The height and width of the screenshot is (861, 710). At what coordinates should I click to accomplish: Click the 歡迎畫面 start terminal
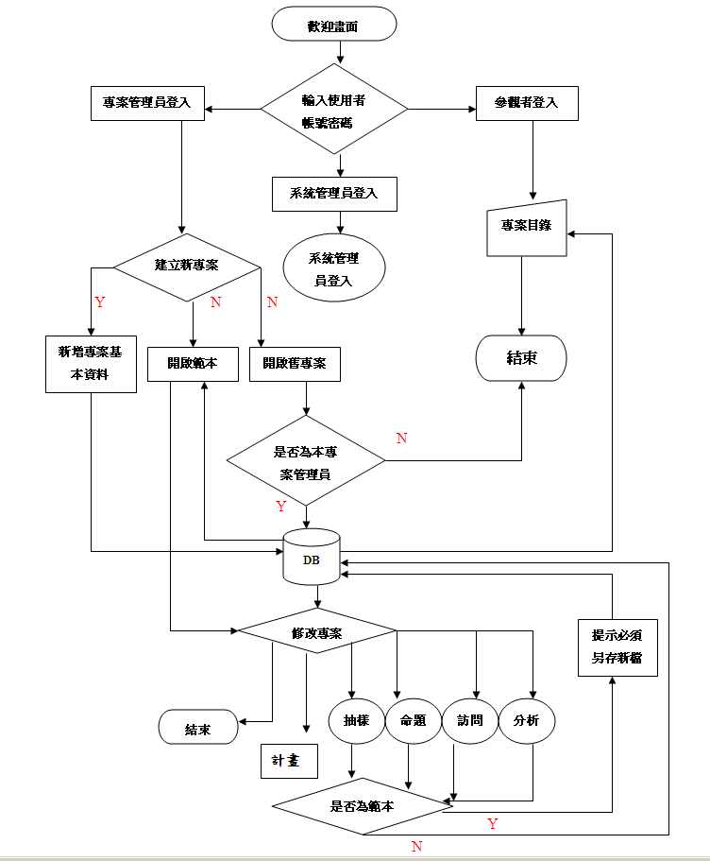click(333, 25)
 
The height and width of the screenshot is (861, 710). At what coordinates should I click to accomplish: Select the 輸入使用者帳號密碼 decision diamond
click(334, 110)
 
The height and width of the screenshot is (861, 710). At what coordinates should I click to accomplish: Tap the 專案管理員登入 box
click(146, 103)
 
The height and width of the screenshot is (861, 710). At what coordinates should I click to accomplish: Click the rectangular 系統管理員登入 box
click(333, 194)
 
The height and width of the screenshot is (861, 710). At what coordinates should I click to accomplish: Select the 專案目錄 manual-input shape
click(526, 228)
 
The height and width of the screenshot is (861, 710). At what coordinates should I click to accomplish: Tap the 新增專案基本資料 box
click(90, 364)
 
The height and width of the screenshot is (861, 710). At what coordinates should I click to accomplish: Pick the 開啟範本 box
click(193, 364)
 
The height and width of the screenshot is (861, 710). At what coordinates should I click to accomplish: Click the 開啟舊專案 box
click(295, 364)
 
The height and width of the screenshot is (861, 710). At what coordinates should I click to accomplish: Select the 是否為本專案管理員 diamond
click(306, 462)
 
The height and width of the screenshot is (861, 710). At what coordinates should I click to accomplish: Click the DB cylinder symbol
click(312, 558)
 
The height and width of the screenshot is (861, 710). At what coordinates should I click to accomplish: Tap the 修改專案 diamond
click(316, 631)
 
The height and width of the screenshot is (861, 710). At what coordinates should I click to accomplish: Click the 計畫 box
click(289, 761)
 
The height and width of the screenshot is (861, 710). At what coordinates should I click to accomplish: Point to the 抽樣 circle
click(356, 721)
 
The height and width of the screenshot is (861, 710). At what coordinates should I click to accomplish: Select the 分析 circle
click(527, 721)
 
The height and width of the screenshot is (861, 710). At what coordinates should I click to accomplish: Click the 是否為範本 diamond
click(362, 807)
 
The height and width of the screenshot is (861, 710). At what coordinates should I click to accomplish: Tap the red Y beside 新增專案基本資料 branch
click(100, 302)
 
